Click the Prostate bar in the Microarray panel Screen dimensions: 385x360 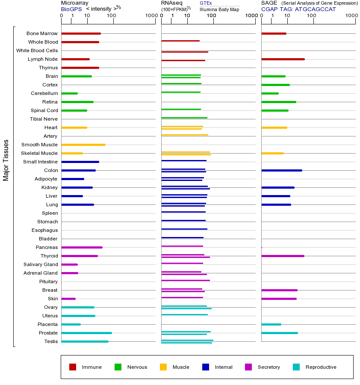click(x=86, y=333)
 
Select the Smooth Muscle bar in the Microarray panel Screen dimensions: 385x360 click(x=83, y=145)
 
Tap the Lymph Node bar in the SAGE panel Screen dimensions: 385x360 click(x=283, y=59)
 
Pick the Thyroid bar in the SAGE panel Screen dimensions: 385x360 click(x=283, y=256)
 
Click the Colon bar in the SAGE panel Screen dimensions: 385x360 click(x=281, y=170)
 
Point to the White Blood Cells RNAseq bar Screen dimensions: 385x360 click(x=185, y=52)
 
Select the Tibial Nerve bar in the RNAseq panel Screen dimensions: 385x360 click(x=184, y=118)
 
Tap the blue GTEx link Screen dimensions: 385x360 click(x=206, y=3)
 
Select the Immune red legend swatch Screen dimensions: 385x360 click(x=73, y=367)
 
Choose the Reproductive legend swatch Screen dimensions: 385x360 click(x=296, y=367)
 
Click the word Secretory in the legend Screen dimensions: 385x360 click(x=269, y=367)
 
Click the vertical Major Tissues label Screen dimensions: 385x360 click(x=6, y=160)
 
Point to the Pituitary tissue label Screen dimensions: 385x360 click(x=48, y=281)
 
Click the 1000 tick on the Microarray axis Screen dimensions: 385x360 click(x=151, y=16)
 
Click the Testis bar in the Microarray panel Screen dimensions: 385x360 click(x=85, y=341)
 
